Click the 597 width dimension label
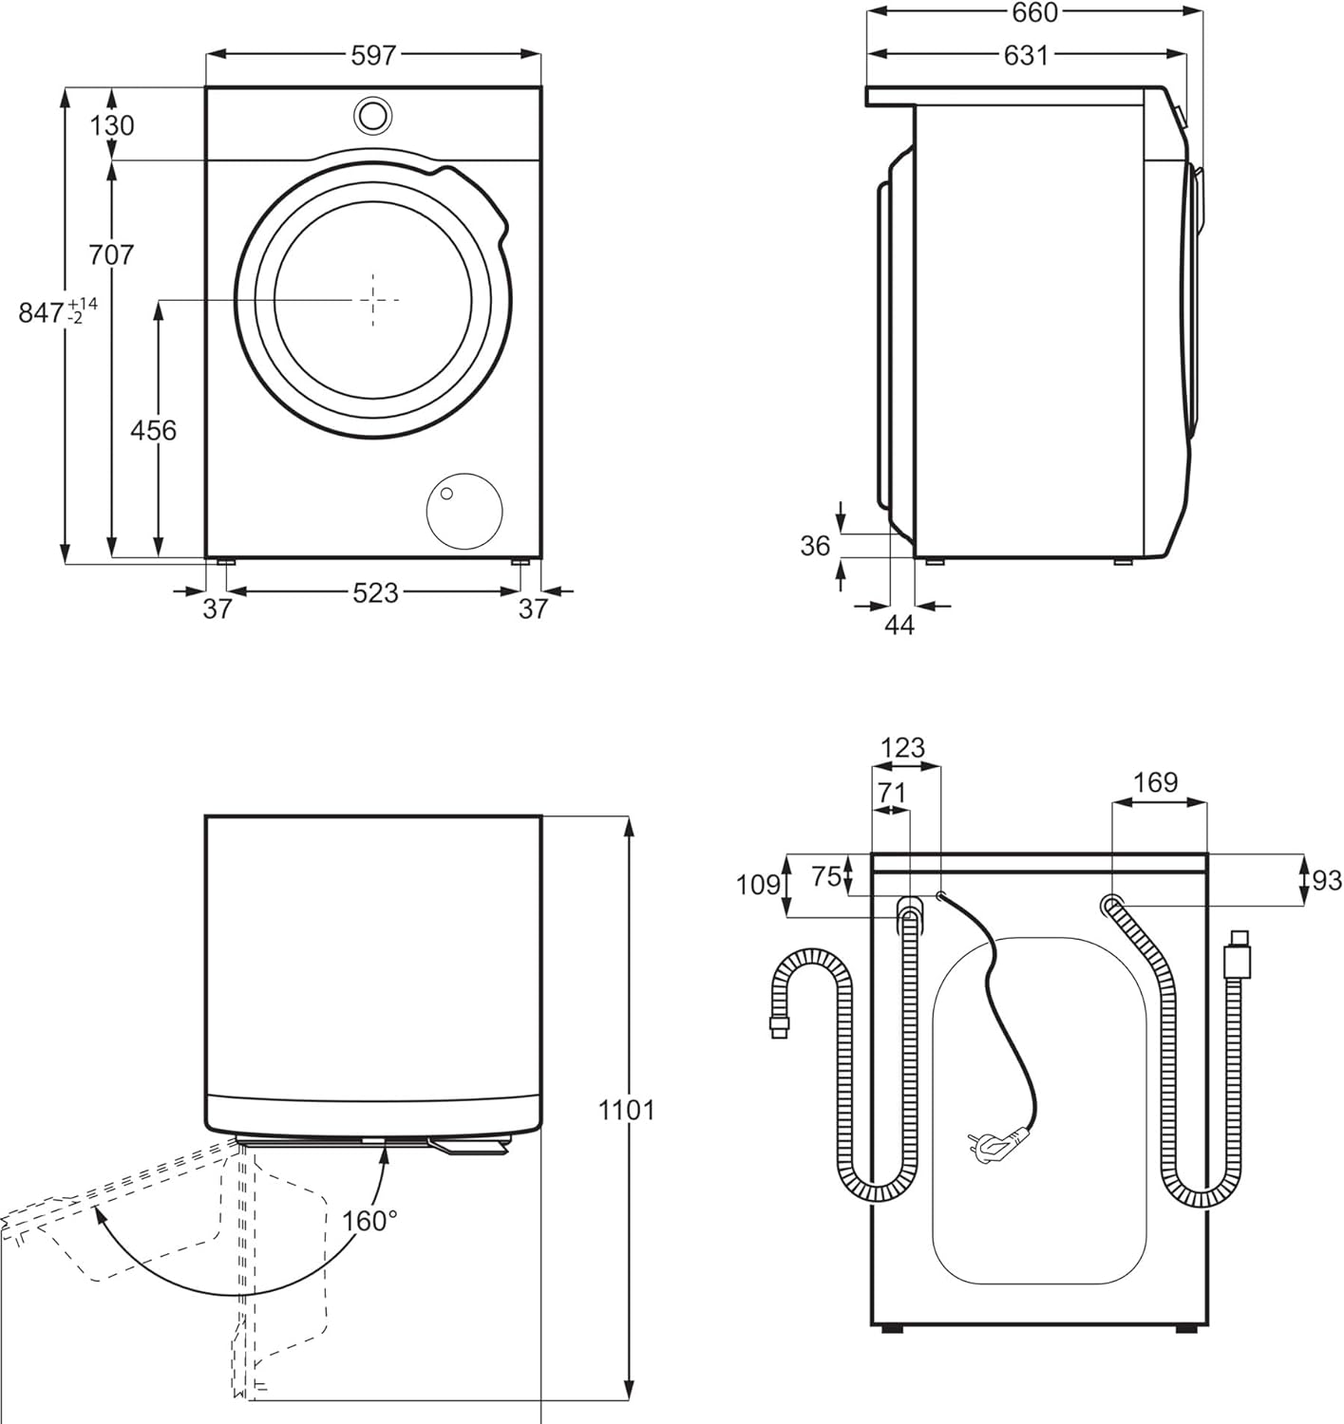pos(373,55)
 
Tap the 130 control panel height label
pos(112,125)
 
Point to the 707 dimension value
pos(111,254)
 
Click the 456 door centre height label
pos(154,430)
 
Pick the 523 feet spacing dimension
pos(375,593)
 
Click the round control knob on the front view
pos(372,115)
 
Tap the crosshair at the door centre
pos(372,300)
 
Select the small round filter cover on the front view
pos(464,512)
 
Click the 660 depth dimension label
pos(1035,12)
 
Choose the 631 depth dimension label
pos(1026,55)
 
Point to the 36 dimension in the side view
pos(815,547)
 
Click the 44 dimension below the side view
pos(899,626)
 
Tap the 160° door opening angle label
pos(369,1220)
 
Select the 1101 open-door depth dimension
pos(627,1111)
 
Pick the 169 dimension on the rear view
pos(1155,782)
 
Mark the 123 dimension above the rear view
pos(902,748)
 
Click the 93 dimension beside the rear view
pos(1327,880)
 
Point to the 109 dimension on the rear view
pos(759,885)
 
